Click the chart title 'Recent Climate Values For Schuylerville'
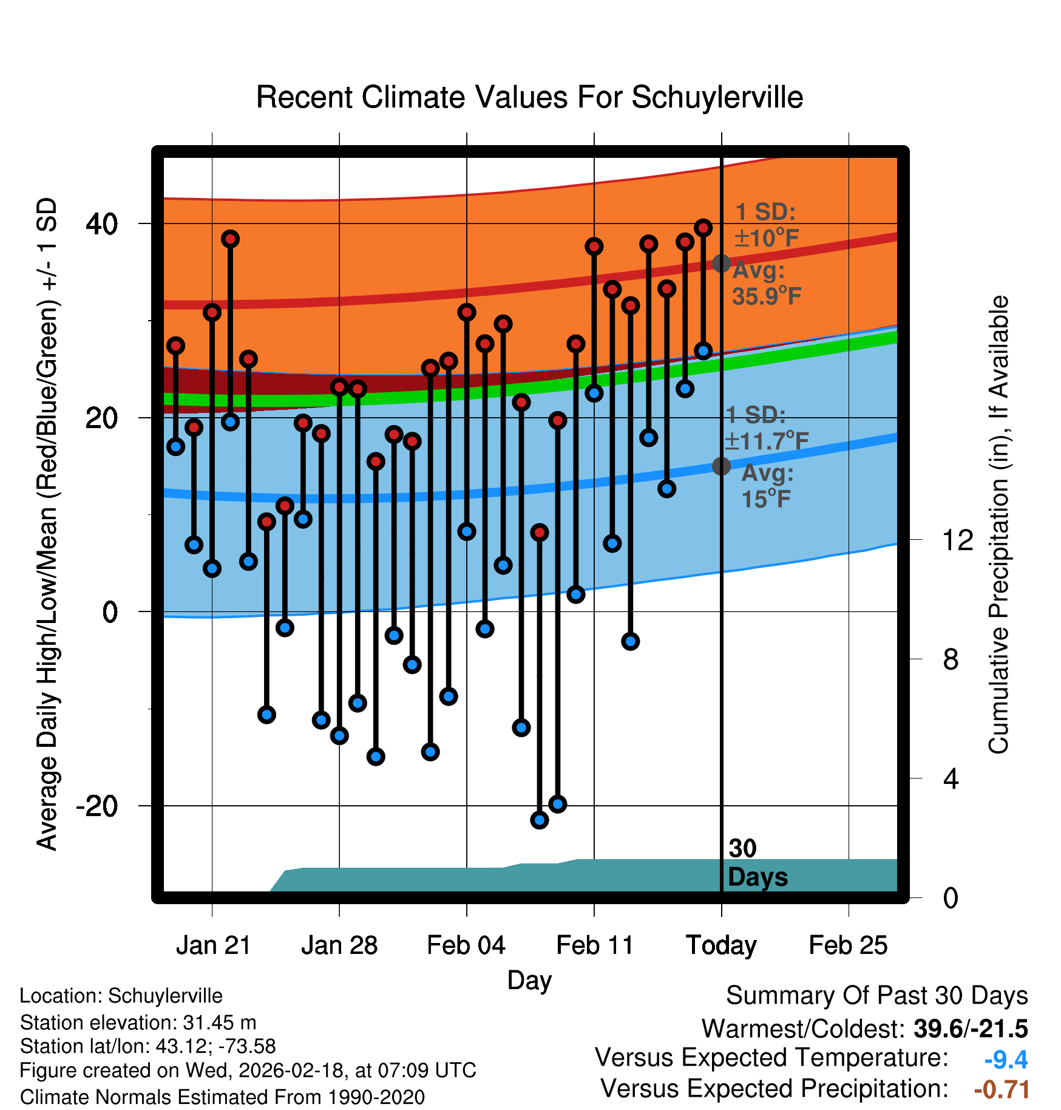click(529, 97)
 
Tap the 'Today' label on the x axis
click(721, 945)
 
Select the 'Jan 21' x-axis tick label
click(213, 945)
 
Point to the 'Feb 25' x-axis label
click(848, 945)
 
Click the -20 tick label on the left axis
click(97, 806)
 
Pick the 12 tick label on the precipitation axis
click(957, 540)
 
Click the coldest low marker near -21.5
click(540, 820)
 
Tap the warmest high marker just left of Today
click(703, 228)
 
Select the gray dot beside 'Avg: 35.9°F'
click(721, 264)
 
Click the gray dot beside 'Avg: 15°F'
click(721, 466)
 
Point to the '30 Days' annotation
click(757, 863)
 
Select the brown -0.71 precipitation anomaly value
click(1002, 1089)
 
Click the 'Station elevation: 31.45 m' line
click(138, 1023)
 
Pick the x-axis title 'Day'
click(529, 980)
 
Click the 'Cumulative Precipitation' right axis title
click(998, 525)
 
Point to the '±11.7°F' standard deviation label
click(767, 441)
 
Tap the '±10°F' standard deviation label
click(766, 238)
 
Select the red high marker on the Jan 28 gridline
click(339, 387)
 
